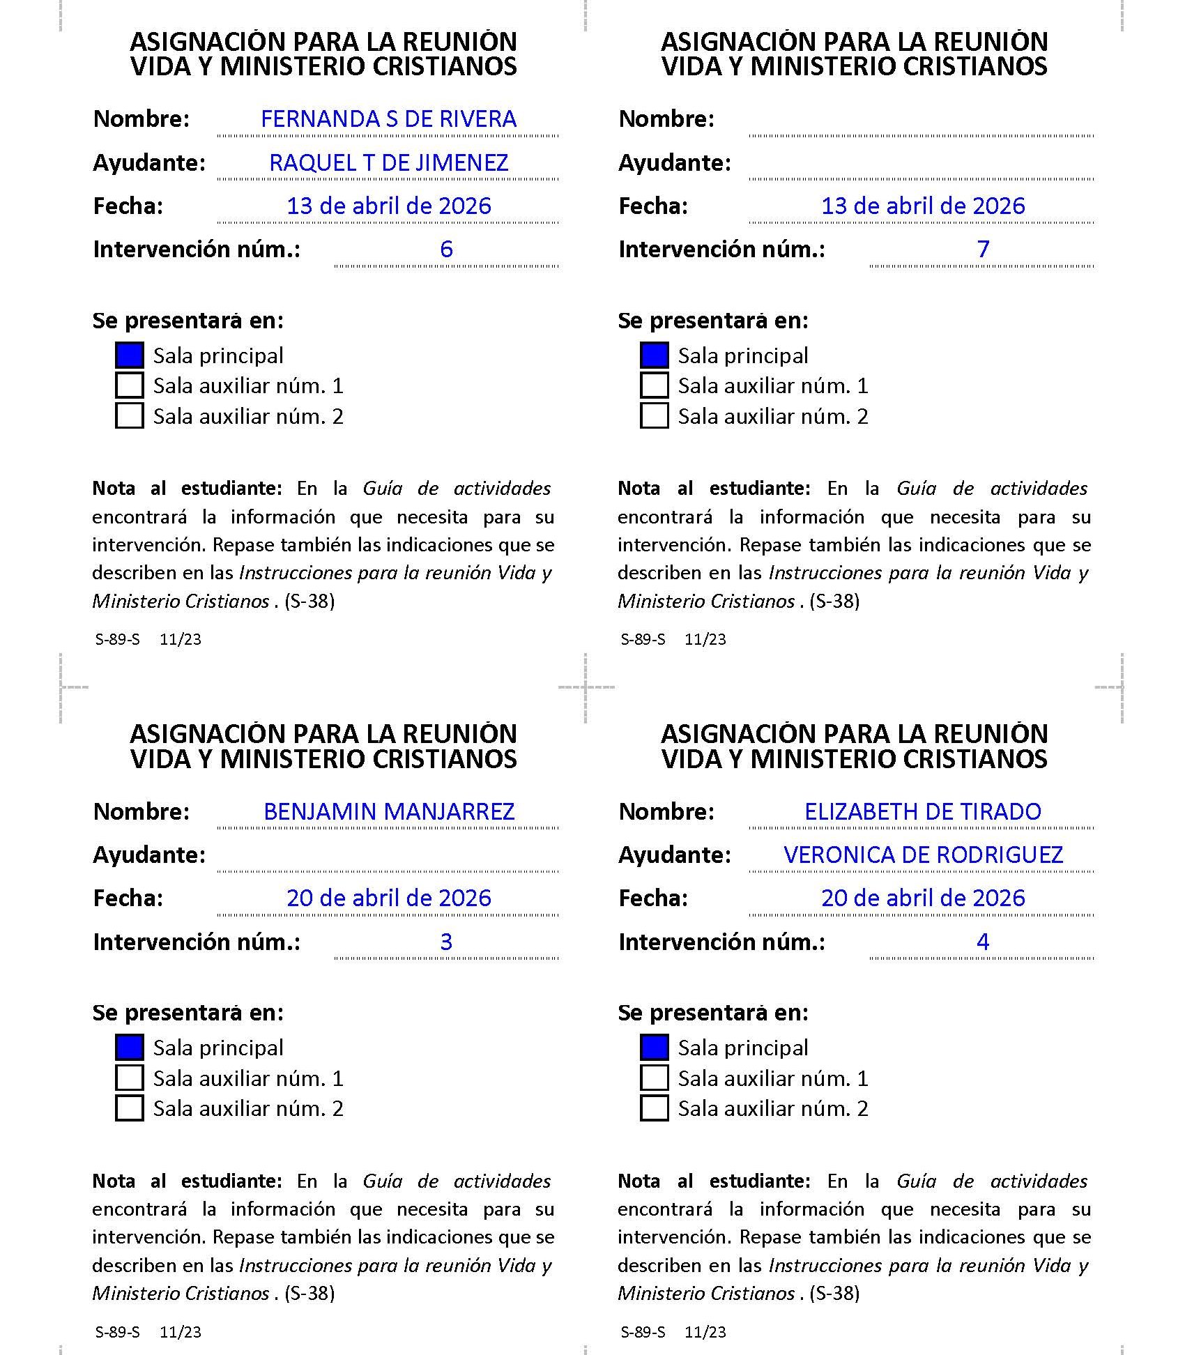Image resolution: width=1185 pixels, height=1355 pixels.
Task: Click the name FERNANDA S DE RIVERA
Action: pos(388,119)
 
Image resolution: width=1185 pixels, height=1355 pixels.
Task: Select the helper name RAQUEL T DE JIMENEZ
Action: pos(388,163)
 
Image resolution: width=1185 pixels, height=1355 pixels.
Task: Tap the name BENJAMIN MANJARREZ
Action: pos(388,812)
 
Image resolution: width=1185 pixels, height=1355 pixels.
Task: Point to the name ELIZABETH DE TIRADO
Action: pos(922,812)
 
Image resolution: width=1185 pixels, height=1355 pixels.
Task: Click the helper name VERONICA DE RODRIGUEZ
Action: pos(922,855)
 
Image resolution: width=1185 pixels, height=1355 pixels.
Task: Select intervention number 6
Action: pos(446,250)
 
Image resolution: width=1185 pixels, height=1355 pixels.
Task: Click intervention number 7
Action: pos(983,250)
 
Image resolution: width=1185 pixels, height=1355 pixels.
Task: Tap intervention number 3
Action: pos(446,942)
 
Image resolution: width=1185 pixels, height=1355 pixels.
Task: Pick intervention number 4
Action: pos(983,942)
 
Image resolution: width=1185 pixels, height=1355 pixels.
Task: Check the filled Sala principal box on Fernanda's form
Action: pos(130,355)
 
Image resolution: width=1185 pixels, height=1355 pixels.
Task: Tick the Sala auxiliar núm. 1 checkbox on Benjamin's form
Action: pos(130,1078)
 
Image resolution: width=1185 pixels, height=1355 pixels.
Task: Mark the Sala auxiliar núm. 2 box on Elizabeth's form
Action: pos(654,1108)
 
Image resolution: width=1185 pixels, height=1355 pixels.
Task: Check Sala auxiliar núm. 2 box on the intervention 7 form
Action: pos(654,416)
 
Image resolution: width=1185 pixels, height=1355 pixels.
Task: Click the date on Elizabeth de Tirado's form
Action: pos(922,898)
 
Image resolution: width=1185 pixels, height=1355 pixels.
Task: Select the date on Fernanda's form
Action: pos(388,206)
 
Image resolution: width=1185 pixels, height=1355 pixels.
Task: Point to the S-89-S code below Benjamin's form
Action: pos(117,1332)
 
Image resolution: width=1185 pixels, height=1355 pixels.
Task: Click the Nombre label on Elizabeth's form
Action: pos(666,812)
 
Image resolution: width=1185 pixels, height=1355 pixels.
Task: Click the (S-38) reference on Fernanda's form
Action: pos(309,601)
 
